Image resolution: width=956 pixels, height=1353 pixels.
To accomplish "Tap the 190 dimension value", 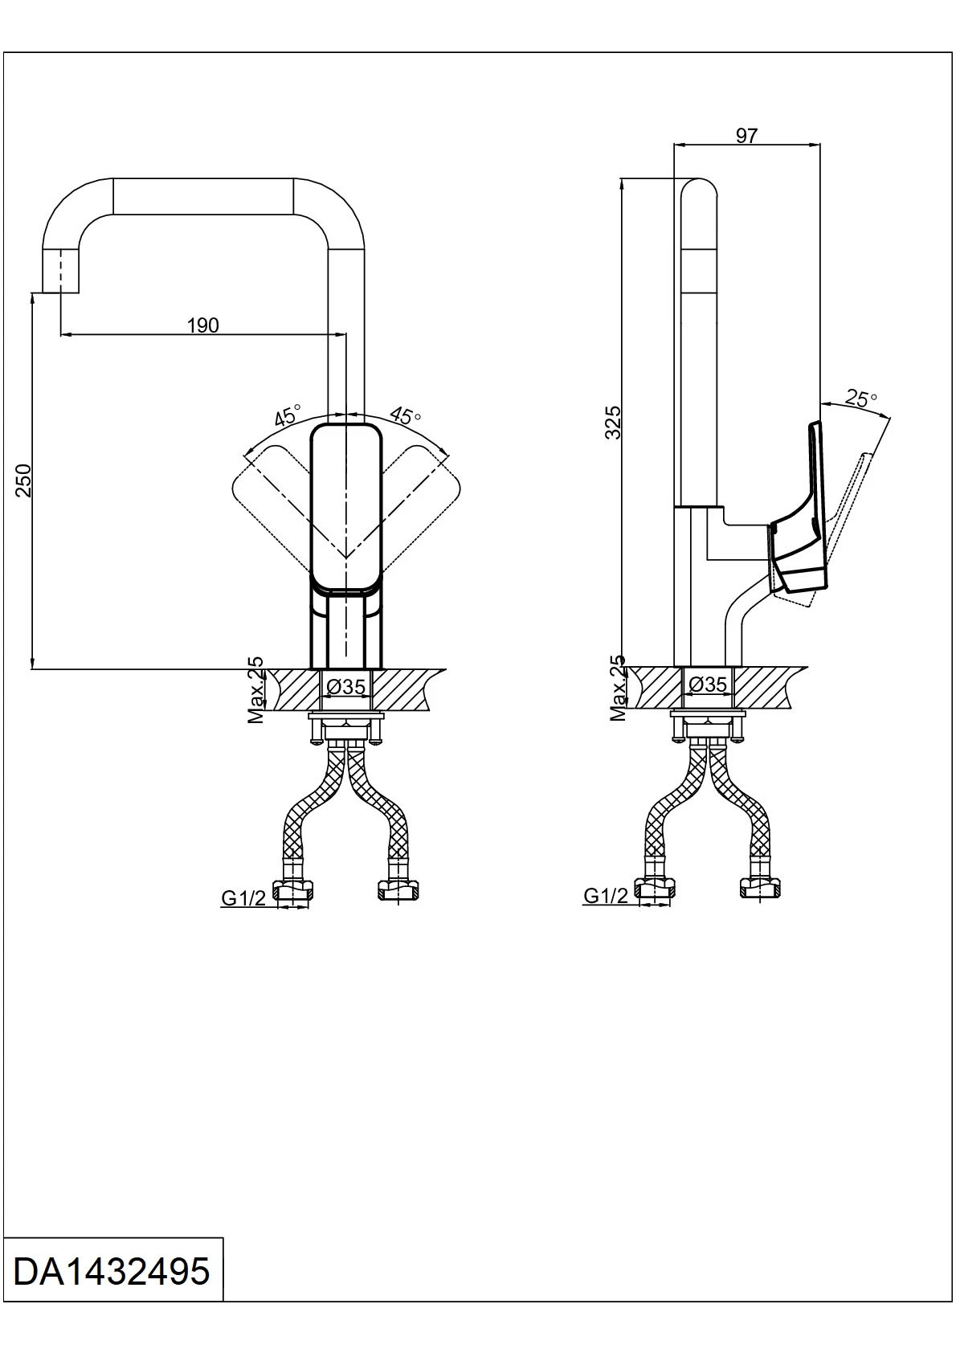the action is pyautogui.click(x=202, y=325).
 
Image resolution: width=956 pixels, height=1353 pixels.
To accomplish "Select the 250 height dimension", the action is pyautogui.click(x=23, y=480).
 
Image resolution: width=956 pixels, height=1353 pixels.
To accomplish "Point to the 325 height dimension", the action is pyautogui.click(x=612, y=422).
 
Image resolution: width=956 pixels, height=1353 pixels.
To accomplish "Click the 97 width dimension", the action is pyautogui.click(x=746, y=136).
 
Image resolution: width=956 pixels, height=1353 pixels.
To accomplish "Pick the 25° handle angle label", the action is pyautogui.click(x=861, y=399).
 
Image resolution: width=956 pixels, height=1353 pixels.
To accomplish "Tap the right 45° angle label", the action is pyautogui.click(x=405, y=415).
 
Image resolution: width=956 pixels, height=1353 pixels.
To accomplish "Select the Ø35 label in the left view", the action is pyautogui.click(x=346, y=686).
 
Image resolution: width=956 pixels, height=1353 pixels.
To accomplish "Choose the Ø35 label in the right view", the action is pyautogui.click(x=708, y=684).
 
